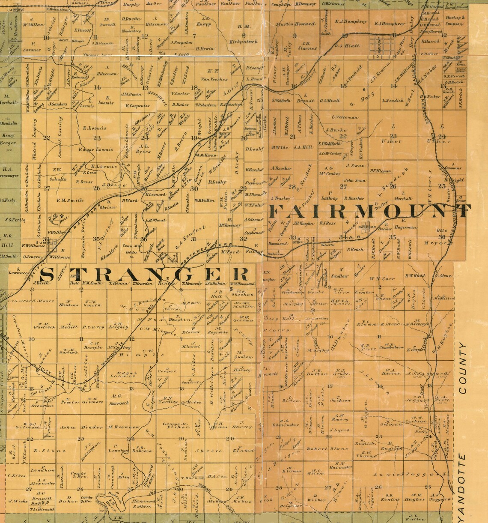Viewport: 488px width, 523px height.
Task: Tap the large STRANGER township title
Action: coord(145,273)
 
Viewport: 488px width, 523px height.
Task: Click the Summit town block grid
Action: coord(54,245)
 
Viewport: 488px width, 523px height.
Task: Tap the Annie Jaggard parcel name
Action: coord(396,474)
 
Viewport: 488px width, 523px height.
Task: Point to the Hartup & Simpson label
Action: coord(454,21)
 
